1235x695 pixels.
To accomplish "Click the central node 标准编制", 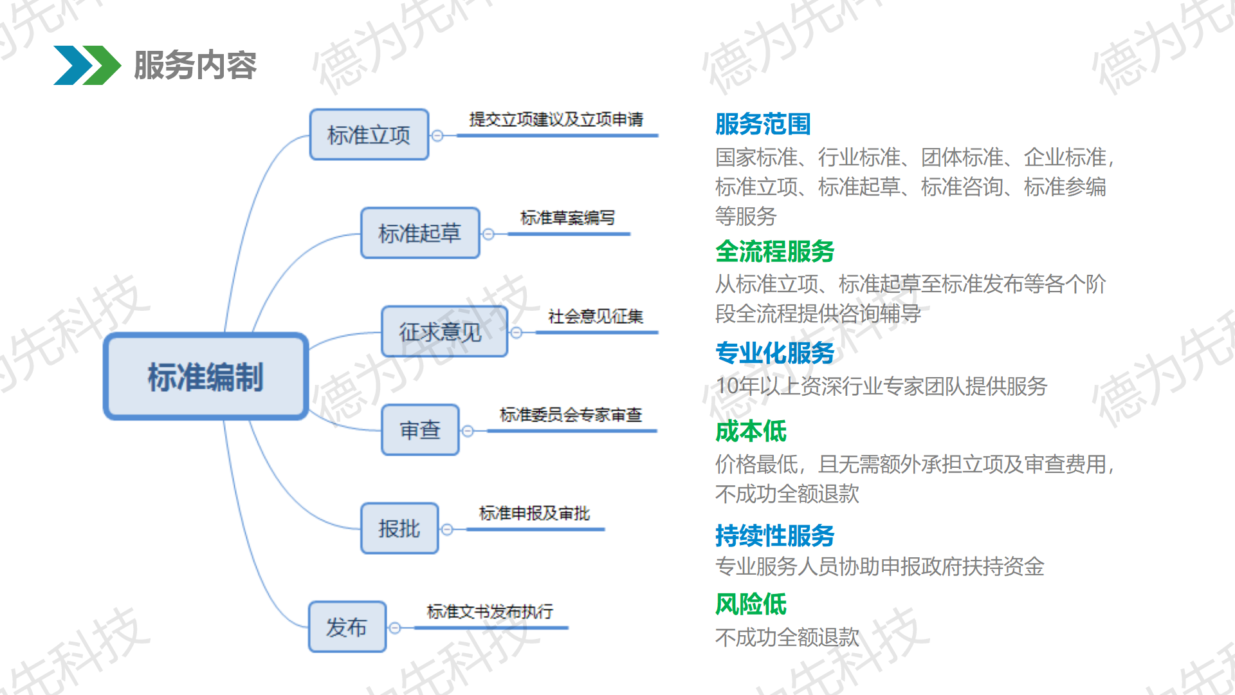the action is point(206,376).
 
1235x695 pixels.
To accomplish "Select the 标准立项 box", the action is point(369,134).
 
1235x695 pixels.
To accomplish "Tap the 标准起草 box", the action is point(420,233).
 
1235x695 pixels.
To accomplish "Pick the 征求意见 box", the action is point(444,331).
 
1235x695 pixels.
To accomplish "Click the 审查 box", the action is point(420,430).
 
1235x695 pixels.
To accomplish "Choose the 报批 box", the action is point(399,528).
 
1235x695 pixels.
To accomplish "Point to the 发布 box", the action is point(347,627).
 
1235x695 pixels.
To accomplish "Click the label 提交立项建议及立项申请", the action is point(556,119).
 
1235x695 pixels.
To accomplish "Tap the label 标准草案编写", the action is point(567,218).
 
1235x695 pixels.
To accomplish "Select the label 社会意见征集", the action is point(596,316).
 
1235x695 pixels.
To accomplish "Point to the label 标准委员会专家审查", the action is point(571,414).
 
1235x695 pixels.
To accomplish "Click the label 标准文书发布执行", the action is point(490,611).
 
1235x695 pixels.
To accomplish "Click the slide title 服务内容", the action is point(195,65).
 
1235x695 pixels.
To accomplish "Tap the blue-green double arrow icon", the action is point(87,65).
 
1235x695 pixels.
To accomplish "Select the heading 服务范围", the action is point(763,124).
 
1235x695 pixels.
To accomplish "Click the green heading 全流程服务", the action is point(775,251).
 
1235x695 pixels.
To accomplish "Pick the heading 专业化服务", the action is point(775,353).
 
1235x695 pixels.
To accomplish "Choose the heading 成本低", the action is point(751,431).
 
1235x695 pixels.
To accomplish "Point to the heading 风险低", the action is point(751,604).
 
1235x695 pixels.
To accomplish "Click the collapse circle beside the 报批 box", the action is point(447,530).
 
